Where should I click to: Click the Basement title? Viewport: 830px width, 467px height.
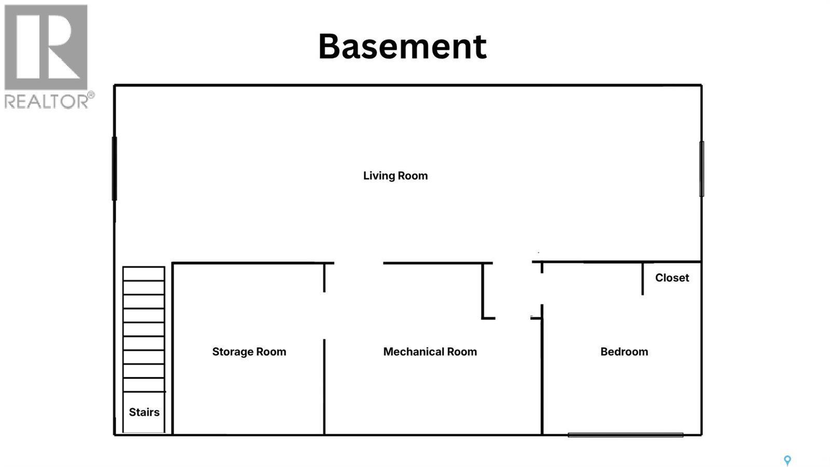pyautogui.click(x=403, y=46)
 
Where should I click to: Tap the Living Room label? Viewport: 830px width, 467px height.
pyautogui.click(x=395, y=176)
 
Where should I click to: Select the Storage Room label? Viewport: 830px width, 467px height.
pyautogui.click(x=249, y=352)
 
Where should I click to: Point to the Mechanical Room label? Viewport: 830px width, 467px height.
pyautogui.click(x=430, y=352)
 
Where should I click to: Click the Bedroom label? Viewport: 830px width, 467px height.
pyautogui.click(x=625, y=352)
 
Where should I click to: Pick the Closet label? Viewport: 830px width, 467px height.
pyautogui.click(x=672, y=277)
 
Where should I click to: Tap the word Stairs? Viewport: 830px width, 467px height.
pyautogui.click(x=144, y=412)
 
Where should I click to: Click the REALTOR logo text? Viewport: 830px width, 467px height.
pyautogui.click(x=46, y=101)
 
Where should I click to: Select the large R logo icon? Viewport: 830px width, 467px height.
pyautogui.click(x=46, y=47)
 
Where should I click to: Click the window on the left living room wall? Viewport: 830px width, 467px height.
pyautogui.click(x=115, y=169)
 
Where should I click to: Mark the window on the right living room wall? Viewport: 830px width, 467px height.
pyautogui.click(x=701, y=169)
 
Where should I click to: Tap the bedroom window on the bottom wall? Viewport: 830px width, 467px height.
pyautogui.click(x=626, y=435)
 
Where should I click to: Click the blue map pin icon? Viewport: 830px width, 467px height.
pyautogui.click(x=787, y=460)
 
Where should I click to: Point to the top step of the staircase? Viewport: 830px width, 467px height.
pyautogui.click(x=144, y=274)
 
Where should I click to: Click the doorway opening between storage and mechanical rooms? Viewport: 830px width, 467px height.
pyautogui.click(x=324, y=316)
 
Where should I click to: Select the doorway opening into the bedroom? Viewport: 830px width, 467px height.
pyautogui.click(x=542, y=289)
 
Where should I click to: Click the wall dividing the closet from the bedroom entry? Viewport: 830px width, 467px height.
pyautogui.click(x=643, y=278)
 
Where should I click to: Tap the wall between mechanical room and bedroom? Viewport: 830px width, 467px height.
pyautogui.click(x=542, y=377)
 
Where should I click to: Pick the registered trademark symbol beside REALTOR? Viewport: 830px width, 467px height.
pyautogui.click(x=91, y=95)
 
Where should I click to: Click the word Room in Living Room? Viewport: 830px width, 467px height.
pyautogui.click(x=411, y=176)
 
